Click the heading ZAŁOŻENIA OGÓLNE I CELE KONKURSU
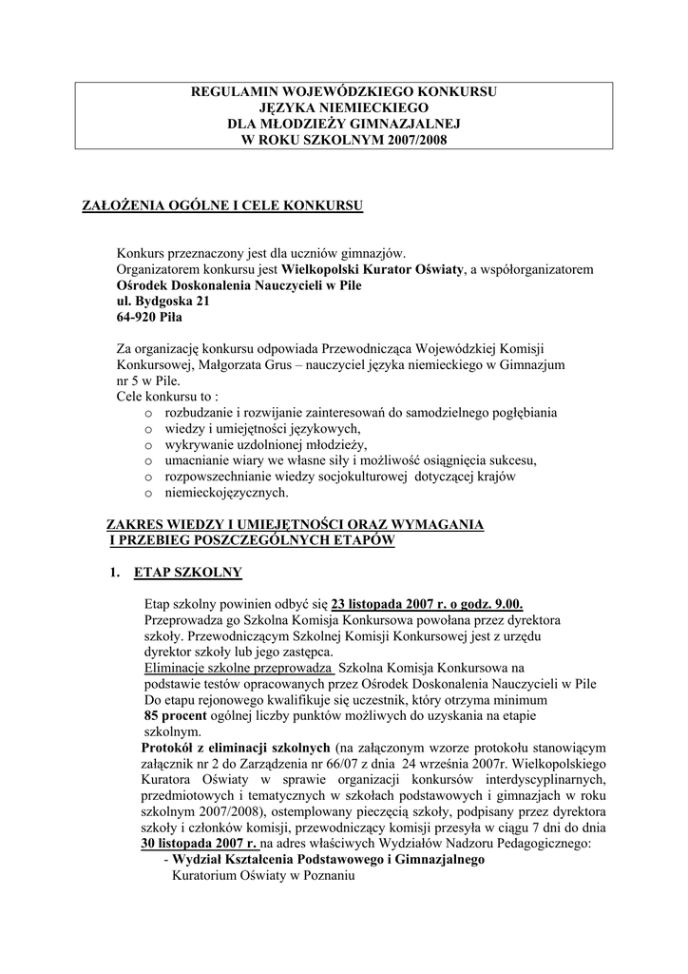pos(224,205)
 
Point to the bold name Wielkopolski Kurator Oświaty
pos(383,269)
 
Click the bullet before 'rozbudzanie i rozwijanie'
pos(148,414)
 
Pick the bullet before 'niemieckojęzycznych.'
pos(148,494)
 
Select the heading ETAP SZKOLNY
pos(188,572)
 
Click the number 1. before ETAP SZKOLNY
pos(114,572)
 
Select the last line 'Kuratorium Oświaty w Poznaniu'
pos(262,876)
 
